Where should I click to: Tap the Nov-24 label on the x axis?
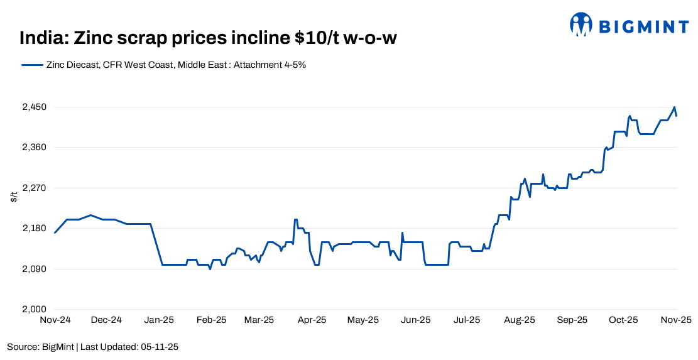pos(55,320)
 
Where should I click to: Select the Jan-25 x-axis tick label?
pos(159,320)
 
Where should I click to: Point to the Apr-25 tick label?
pos(312,320)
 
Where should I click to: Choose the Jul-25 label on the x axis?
pos(467,320)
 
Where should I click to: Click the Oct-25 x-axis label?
pos(624,320)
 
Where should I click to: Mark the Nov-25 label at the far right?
pos(677,320)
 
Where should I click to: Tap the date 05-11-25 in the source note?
pos(161,346)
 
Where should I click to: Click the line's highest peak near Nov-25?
pos(674,107)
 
